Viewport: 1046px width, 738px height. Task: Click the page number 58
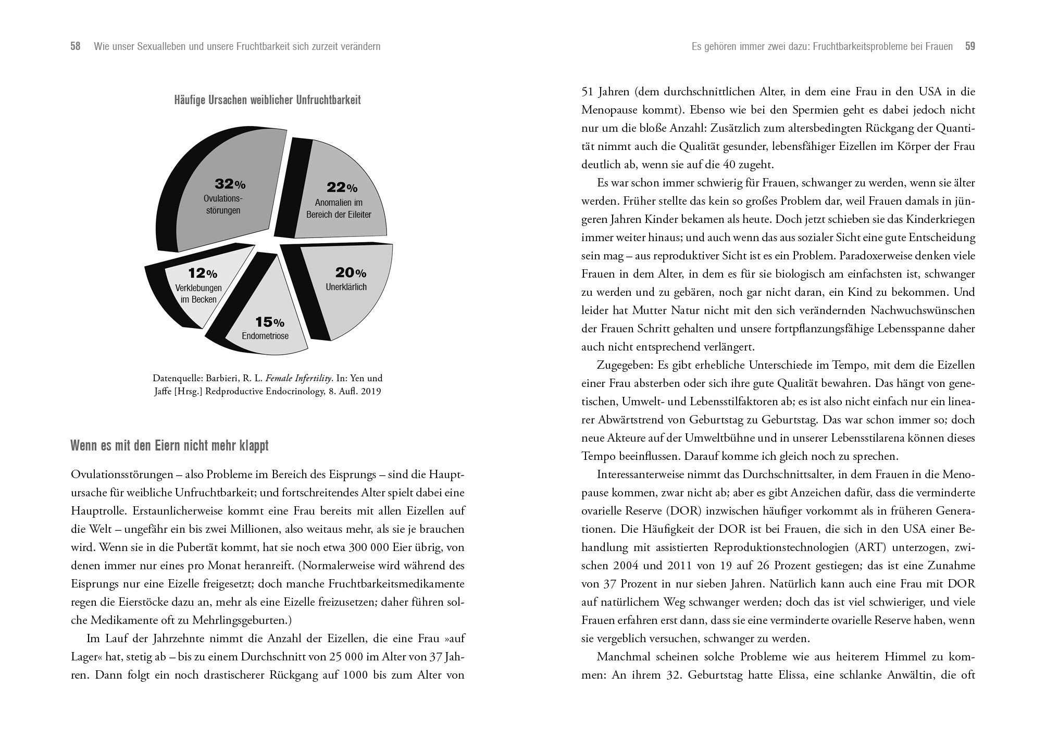coord(76,46)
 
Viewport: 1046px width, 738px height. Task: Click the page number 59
coord(970,46)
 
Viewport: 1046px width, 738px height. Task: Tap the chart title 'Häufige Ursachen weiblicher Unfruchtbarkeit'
coord(267,100)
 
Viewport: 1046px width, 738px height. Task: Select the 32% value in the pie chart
coord(230,184)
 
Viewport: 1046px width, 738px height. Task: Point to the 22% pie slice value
coord(342,187)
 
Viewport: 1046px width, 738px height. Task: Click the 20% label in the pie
coord(351,272)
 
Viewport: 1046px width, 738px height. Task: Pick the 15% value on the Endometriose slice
coord(269,322)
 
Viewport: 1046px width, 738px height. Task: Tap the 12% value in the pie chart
coord(203,273)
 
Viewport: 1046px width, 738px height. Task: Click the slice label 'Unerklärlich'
coord(346,287)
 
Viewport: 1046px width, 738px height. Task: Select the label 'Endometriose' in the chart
coord(265,336)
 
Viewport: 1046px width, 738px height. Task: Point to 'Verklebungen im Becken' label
coord(198,294)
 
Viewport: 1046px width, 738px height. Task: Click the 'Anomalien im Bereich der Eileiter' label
coord(339,208)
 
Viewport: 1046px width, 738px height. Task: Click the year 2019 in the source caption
coord(370,391)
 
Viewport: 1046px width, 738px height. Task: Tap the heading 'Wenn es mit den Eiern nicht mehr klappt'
coord(169,446)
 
